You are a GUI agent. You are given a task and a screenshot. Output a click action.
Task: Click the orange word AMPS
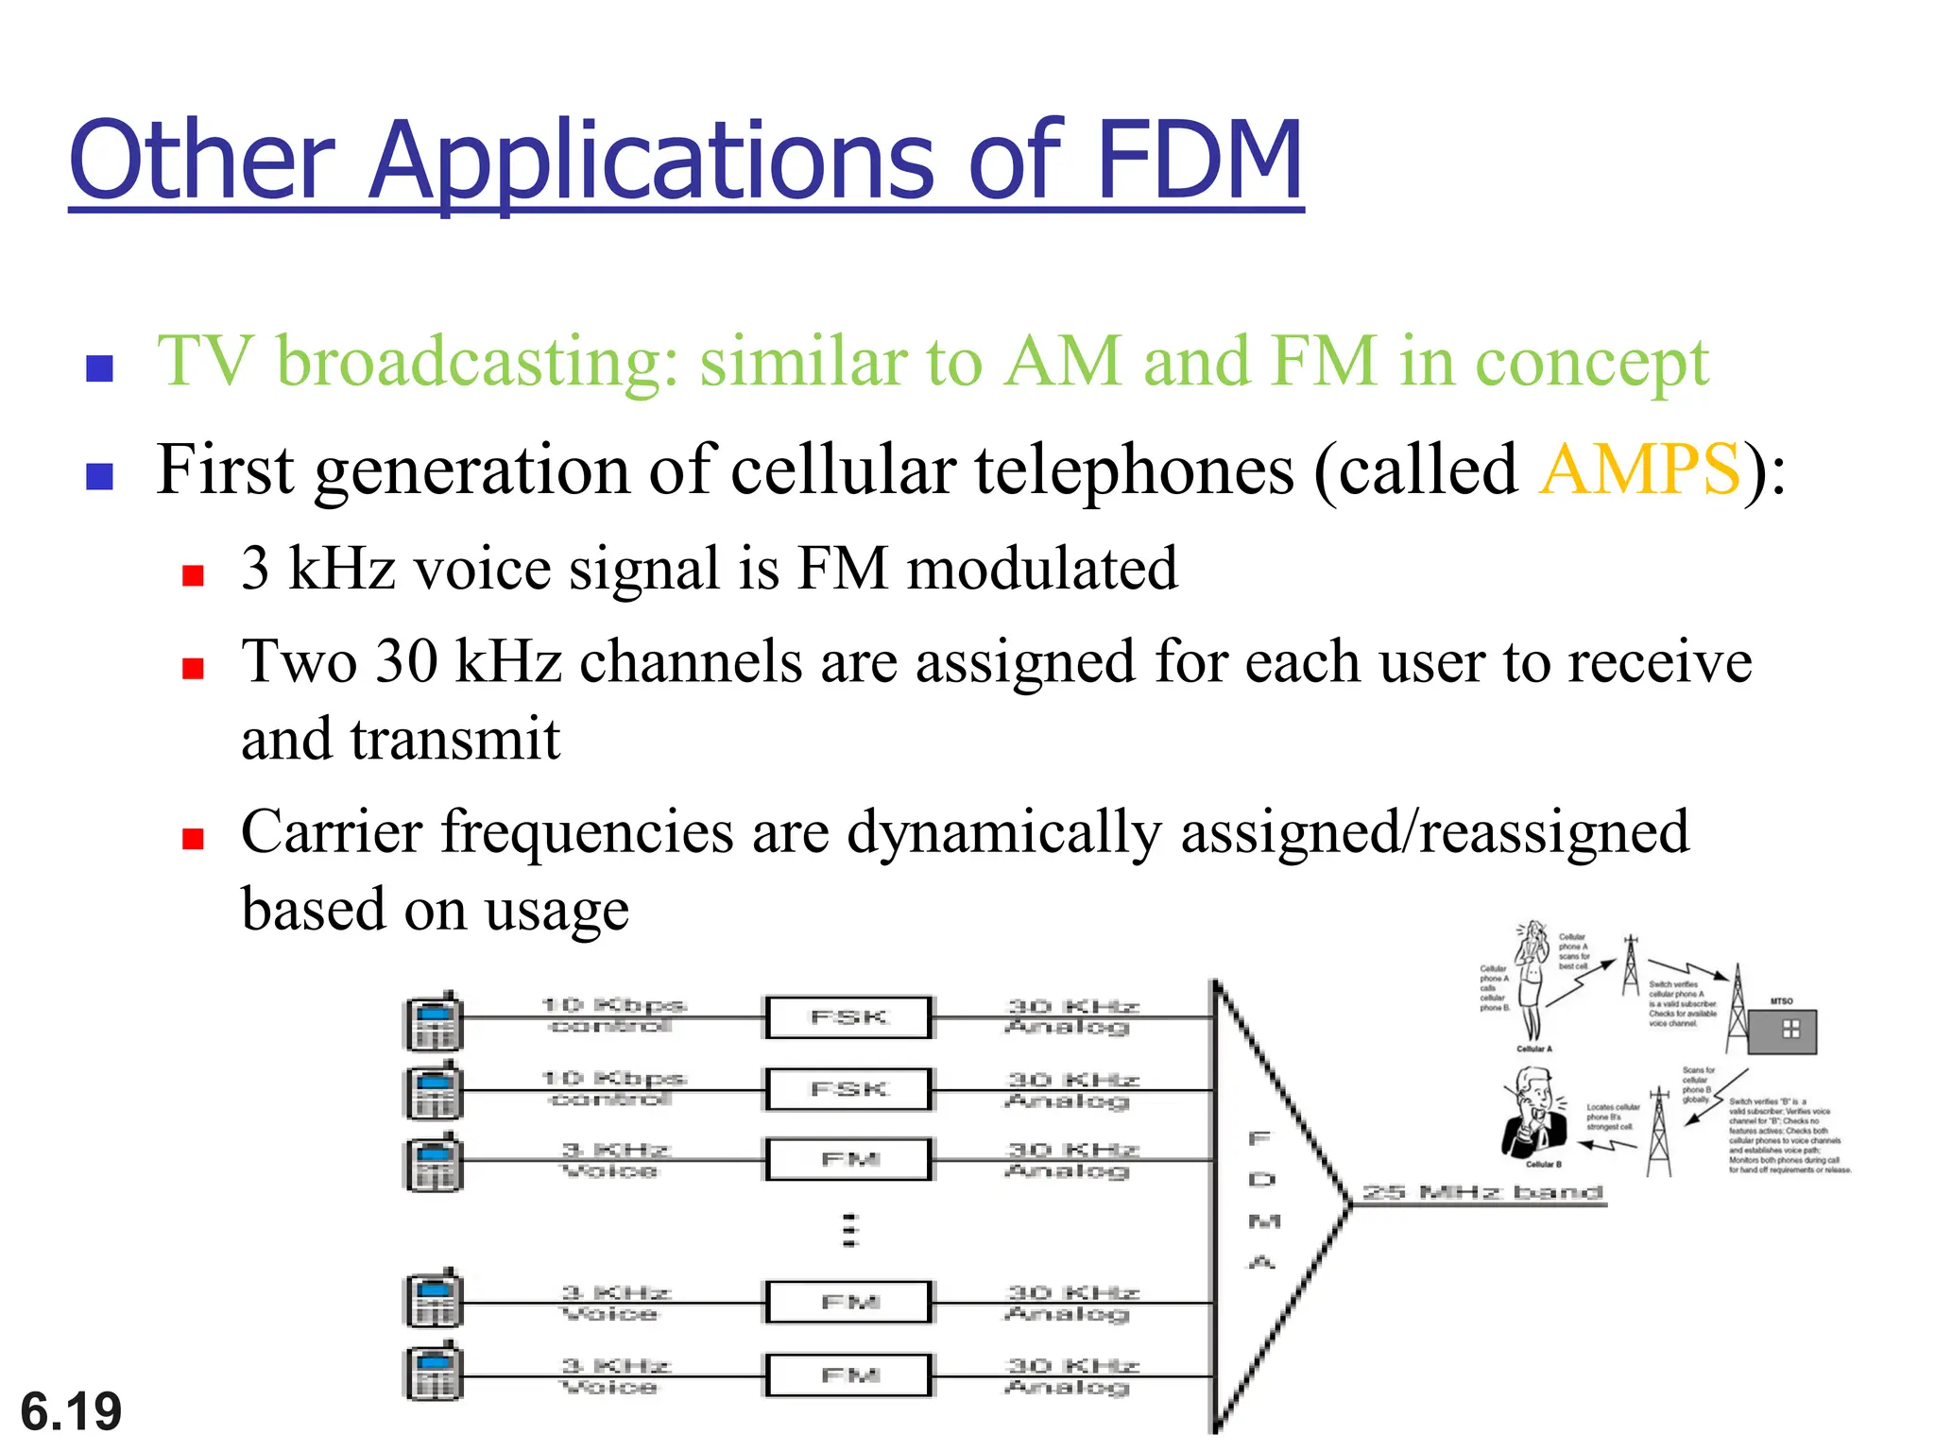click(1639, 469)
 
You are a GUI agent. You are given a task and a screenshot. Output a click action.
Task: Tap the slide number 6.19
click(71, 1411)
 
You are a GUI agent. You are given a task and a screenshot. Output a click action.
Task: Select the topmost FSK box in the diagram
click(848, 1017)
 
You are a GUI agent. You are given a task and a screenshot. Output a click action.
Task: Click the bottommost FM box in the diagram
click(848, 1375)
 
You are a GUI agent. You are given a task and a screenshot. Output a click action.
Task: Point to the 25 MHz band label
click(1483, 1192)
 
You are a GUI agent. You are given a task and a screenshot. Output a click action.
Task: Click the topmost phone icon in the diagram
click(434, 1021)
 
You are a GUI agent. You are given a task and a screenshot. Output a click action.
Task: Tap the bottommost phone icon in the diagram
click(434, 1372)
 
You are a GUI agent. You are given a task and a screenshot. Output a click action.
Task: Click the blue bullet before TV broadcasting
click(99, 367)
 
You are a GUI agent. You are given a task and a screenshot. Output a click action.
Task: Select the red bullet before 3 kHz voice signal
click(194, 575)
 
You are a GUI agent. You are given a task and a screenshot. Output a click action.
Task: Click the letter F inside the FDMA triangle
click(1259, 1138)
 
